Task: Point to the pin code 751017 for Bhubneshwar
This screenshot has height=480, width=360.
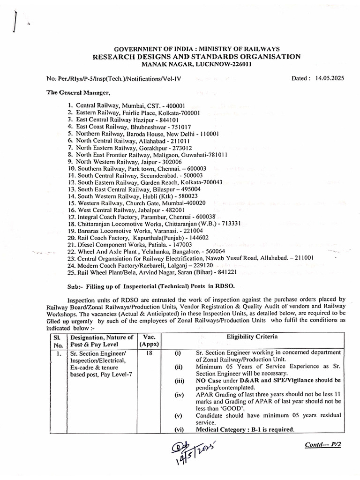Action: coord(179,127)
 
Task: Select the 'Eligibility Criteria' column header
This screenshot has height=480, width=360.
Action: coord(252,337)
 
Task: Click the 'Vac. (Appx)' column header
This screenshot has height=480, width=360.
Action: coord(149,340)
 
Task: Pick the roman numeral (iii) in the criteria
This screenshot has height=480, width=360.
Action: coord(178,381)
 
